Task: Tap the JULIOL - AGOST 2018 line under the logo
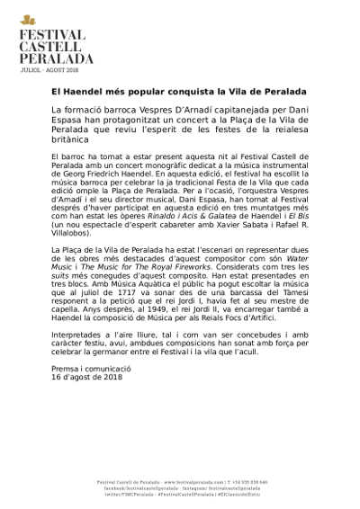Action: click(49, 69)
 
